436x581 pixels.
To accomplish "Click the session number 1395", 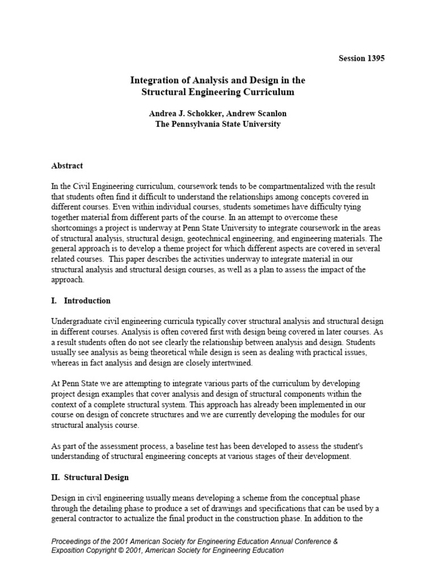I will click(x=375, y=58).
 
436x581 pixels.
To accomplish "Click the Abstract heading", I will click(x=67, y=166).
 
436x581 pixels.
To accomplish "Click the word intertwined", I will click(x=228, y=363).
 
